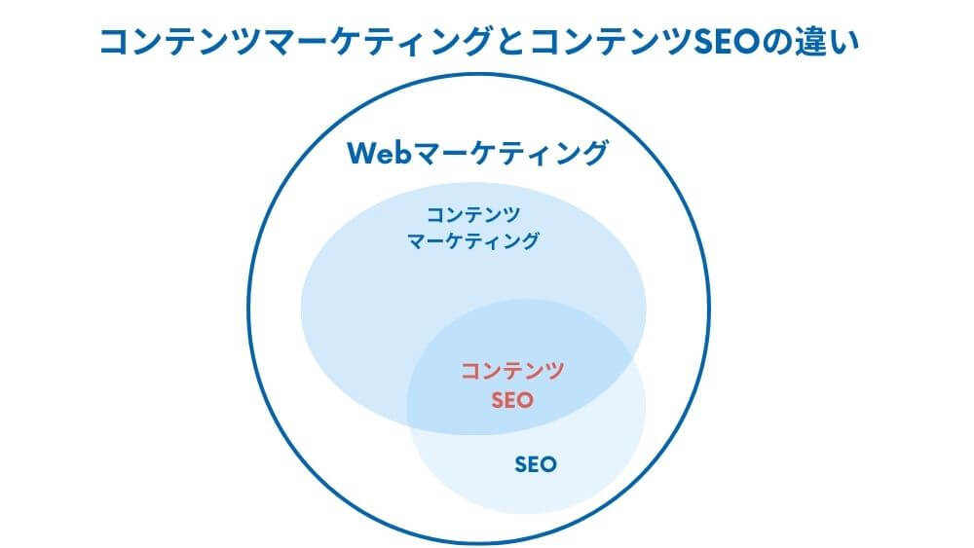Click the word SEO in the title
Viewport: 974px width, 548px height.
pyautogui.click(x=727, y=42)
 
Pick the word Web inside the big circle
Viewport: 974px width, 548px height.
pyautogui.click(x=380, y=153)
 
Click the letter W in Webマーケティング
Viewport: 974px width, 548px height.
pyautogui.click(x=362, y=153)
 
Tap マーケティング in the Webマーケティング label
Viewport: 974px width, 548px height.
pyautogui.click(x=510, y=153)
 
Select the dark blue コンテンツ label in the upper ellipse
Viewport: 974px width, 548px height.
pyautogui.click(x=473, y=215)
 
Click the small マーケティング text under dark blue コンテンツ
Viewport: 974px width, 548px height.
pyautogui.click(x=473, y=240)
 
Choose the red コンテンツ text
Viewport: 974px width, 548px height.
pyautogui.click(x=512, y=371)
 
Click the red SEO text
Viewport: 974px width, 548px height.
pyautogui.click(x=512, y=400)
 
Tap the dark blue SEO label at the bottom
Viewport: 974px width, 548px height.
pyautogui.click(x=536, y=464)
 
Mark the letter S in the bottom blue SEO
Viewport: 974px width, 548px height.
pyautogui.click(x=521, y=464)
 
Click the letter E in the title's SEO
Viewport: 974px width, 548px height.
pyautogui.click(x=723, y=42)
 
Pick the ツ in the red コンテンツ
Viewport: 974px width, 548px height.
pyautogui.click(x=553, y=371)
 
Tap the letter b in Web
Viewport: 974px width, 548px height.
pyautogui.click(x=404, y=153)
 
